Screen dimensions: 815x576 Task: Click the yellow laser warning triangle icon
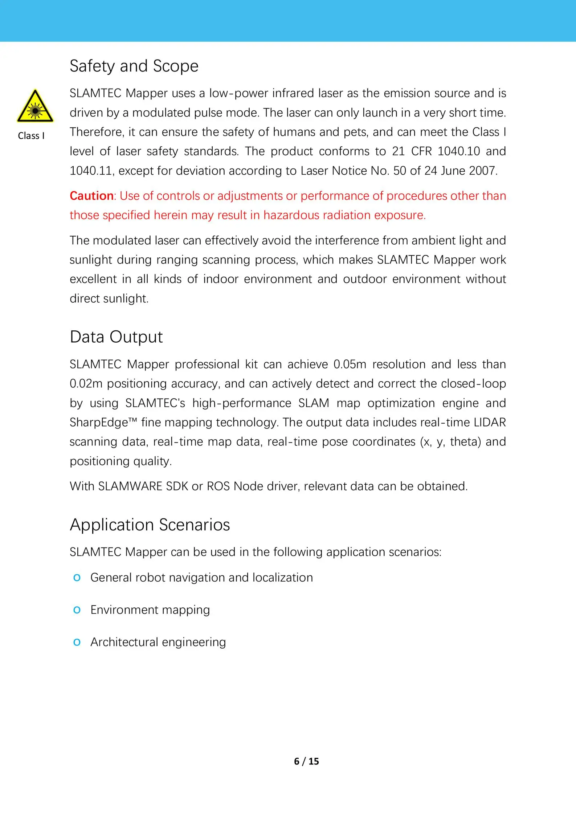pos(35,106)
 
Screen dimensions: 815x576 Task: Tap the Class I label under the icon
pos(31,136)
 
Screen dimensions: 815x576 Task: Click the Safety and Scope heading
pos(134,66)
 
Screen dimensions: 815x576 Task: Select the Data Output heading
pos(116,337)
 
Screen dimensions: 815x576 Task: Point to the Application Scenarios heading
pos(150,525)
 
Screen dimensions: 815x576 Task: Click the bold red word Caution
pos(91,196)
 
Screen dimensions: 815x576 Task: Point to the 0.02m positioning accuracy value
pos(86,384)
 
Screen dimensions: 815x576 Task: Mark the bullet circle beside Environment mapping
pos(77,610)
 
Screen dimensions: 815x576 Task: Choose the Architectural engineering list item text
pos(158,642)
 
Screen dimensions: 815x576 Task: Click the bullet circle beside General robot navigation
pos(77,578)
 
